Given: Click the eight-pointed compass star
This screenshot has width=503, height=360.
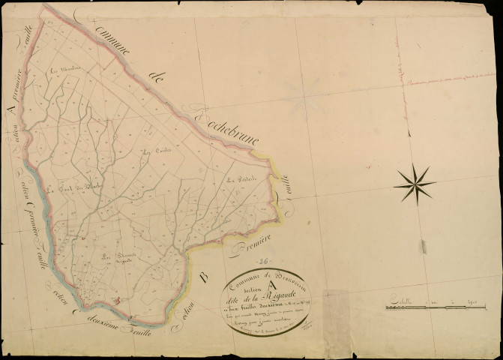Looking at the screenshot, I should [x=415, y=181].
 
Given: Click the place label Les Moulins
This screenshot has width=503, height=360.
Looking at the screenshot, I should [x=59, y=72].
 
